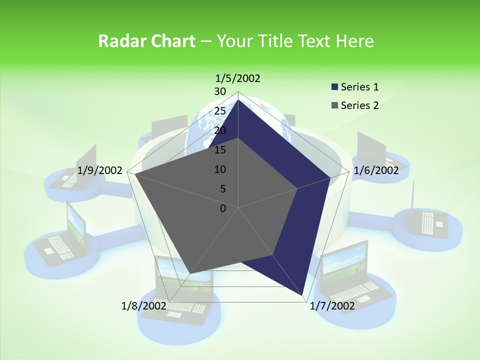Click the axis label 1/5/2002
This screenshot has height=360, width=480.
tap(238, 78)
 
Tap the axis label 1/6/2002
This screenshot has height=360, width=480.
tap(376, 170)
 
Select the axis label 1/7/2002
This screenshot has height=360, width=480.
tap(332, 306)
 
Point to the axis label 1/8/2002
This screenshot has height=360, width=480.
tap(144, 305)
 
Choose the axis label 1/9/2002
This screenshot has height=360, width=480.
tap(100, 170)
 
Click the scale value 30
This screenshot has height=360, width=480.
tap(220, 91)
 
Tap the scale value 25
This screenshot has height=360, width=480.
tap(220, 111)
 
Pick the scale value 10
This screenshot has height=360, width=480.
tap(220, 169)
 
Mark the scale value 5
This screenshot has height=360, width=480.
tap(222, 189)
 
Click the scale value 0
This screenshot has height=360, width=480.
tap(223, 208)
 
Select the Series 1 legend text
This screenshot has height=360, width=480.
tap(359, 87)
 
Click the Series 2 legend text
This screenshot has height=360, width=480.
tap(359, 105)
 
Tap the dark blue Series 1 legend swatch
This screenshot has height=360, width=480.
tap(334, 87)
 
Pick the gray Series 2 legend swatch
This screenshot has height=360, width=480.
tap(334, 106)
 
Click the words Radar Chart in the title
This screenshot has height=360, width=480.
tap(146, 41)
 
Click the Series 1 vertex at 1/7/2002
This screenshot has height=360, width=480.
tap(303, 295)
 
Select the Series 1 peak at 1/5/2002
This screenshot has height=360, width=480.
tap(238, 100)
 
